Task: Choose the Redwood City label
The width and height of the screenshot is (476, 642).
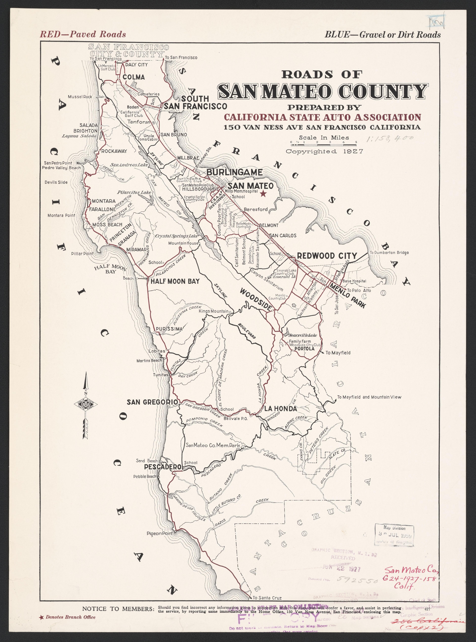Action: coord(327,256)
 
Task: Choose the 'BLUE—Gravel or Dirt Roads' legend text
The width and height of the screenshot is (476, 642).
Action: coord(382,35)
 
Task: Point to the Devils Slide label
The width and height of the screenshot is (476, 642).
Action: coord(56,182)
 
